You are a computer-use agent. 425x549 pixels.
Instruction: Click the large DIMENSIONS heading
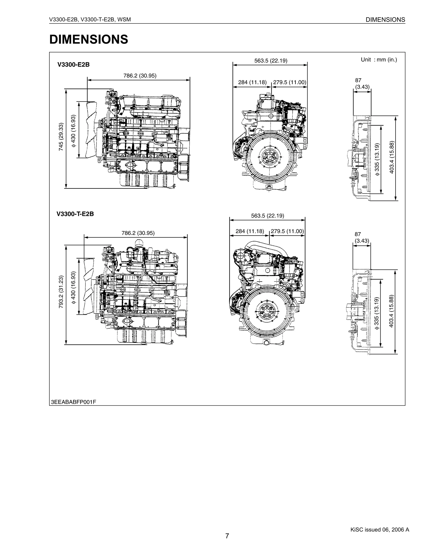(x=89, y=39)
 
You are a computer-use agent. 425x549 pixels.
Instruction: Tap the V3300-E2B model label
(x=73, y=65)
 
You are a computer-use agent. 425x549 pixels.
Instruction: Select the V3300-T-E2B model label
(x=75, y=214)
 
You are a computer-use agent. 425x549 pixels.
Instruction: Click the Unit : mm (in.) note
(x=379, y=60)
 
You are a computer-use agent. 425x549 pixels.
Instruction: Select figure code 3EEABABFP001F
(x=73, y=402)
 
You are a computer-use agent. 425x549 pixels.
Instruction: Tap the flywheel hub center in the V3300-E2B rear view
(x=269, y=158)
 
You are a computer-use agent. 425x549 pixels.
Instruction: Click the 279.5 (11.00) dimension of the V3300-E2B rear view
(x=289, y=82)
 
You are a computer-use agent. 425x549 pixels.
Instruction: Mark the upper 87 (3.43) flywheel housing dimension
(x=362, y=83)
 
